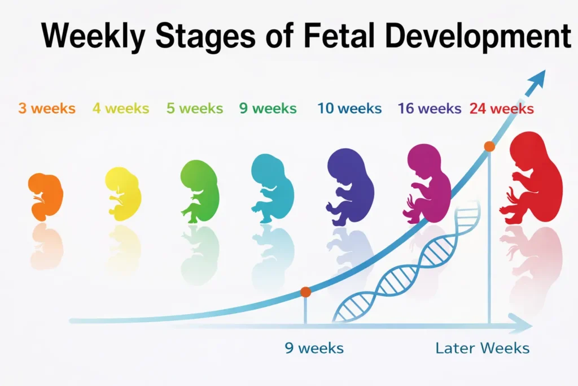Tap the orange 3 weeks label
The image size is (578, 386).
(x=47, y=109)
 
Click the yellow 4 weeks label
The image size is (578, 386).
(x=121, y=109)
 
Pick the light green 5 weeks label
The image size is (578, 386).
(x=195, y=109)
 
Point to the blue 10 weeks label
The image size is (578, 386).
(x=349, y=109)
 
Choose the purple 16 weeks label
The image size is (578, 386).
(x=430, y=109)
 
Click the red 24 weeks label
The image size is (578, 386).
(x=501, y=109)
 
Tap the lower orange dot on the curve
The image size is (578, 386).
(x=305, y=292)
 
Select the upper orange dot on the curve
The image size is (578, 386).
(x=489, y=146)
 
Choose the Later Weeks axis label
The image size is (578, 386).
(x=483, y=348)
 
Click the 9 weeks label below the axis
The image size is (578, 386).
(x=314, y=348)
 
